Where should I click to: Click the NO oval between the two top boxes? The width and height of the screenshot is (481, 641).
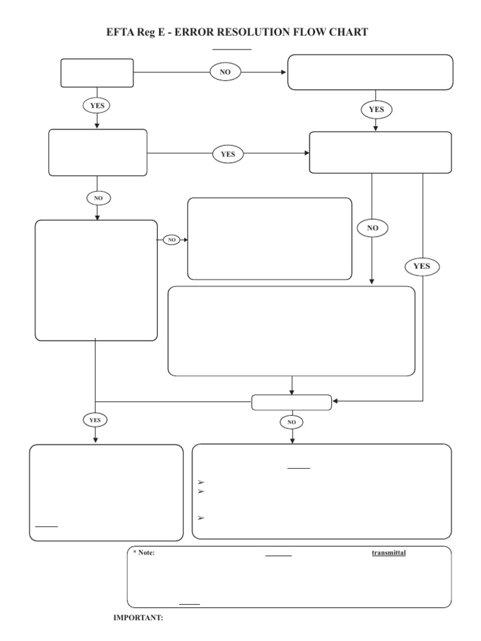click(225, 72)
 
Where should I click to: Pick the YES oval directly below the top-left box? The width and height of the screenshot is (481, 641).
click(97, 106)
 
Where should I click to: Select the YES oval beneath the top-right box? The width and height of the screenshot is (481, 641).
click(376, 110)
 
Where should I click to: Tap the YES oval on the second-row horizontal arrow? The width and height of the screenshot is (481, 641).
click(228, 153)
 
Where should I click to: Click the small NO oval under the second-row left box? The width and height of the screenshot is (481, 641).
click(98, 198)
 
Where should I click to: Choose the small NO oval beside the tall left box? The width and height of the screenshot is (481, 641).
click(171, 240)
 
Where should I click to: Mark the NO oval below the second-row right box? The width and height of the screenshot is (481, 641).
click(373, 228)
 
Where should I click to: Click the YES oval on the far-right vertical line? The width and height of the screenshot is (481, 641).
click(422, 266)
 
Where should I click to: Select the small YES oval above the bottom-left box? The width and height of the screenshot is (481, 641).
click(95, 419)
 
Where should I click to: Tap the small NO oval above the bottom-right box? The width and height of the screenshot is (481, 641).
click(291, 423)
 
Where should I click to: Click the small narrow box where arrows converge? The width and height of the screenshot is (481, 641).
click(292, 402)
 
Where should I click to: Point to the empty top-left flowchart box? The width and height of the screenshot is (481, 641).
click(97, 73)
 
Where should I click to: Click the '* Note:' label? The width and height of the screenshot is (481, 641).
click(143, 553)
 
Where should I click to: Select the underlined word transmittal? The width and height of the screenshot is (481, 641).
click(388, 553)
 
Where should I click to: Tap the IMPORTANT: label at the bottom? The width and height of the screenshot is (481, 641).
click(138, 618)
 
